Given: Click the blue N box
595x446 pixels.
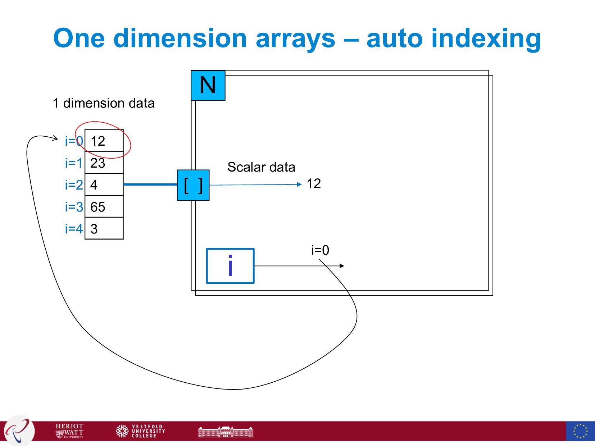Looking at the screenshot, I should (x=208, y=85).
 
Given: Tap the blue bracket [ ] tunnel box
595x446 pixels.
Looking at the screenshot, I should (x=193, y=185).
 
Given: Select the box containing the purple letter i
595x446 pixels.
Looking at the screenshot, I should (x=230, y=266).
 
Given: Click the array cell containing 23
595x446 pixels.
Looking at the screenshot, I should (x=104, y=163).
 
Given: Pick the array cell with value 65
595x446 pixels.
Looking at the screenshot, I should (x=104, y=207).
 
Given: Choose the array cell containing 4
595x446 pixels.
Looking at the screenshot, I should (x=104, y=185).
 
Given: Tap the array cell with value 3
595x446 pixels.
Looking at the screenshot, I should (x=104, y=229).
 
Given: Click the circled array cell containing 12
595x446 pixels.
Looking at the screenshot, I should (x=104, y=141).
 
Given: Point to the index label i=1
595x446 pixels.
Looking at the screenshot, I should (x=74, y=163).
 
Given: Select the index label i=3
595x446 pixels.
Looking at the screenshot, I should (x=74, y=207).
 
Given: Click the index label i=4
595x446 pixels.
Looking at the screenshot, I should (x=74, y=229).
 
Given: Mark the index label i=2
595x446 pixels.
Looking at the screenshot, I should (x=74, y=185).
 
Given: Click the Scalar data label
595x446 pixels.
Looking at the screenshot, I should (x=261, y=167).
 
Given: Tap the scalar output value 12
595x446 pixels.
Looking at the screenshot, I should (x=314, y=184).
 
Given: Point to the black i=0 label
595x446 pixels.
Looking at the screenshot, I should (x=320, y=250).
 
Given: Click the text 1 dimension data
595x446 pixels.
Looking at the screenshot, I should (x=104, y=103).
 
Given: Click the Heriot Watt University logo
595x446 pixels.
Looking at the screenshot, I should (x=69, y=431).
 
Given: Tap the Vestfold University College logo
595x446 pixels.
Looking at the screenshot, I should (x=141, y=431).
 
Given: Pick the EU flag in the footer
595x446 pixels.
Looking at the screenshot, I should (x=580, y=431).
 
